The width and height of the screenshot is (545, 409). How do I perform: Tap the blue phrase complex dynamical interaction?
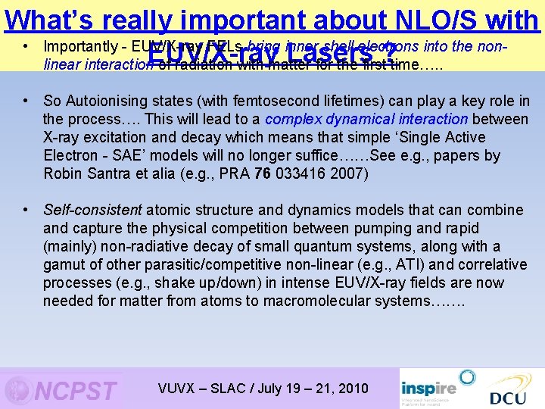tap(367, 119)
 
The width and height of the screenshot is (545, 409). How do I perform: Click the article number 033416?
tap(307, 173)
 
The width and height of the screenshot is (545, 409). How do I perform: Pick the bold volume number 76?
tap(263, 173)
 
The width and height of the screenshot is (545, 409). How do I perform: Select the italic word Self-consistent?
tap(92, 210)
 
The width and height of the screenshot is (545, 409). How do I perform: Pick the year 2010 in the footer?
tap(350, 389)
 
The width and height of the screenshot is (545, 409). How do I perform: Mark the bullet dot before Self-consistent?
tap(26, 210)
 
